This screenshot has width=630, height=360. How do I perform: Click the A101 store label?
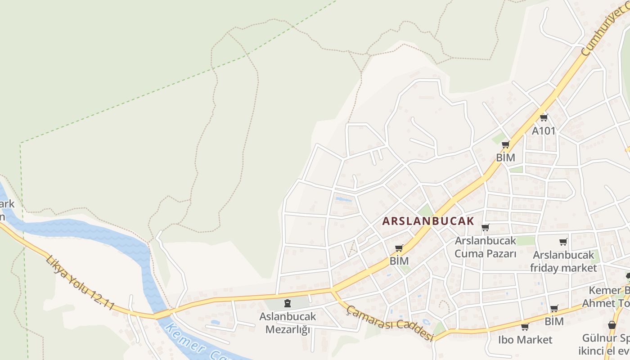click(544, 131)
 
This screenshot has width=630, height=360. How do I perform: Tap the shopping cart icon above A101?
click(544, 118)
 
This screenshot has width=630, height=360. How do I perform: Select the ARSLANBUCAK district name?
click(428, 221)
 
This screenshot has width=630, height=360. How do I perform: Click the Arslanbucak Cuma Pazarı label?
click(485, 247)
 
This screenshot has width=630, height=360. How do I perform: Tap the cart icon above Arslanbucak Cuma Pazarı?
click(485, 227)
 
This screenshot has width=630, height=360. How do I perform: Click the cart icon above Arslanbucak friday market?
click(563, 242)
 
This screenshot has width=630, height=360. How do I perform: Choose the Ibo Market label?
click(525, 339)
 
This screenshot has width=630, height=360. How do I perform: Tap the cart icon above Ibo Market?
click(524, 327)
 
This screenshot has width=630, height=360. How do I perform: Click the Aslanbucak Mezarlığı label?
click(288, 323)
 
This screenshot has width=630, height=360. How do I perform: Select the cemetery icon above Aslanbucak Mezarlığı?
click(288, 303)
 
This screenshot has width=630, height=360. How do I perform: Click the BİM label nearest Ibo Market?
click(554, 321)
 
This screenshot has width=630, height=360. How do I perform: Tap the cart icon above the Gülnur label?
click(612, 325)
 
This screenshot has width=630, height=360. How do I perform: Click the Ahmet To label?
click(606, 303)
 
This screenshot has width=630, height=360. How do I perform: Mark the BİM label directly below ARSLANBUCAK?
click(399, 261)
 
